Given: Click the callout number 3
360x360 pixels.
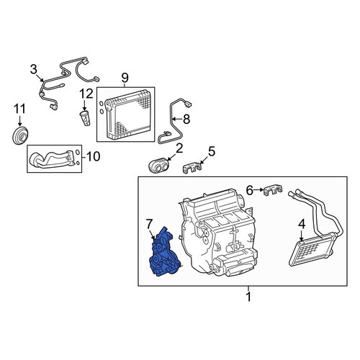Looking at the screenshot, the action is [34, 70].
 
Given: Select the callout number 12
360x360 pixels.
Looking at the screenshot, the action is [86, 94].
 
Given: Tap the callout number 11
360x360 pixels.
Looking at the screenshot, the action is [19, 109].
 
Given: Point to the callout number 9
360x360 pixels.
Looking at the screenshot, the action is [125, 78].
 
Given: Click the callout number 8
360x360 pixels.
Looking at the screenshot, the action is [186, 119].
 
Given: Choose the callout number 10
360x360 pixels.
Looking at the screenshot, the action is [93, 156].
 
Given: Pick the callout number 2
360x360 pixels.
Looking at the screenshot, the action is [179, 149].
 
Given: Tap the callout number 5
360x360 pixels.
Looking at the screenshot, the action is [212, 152].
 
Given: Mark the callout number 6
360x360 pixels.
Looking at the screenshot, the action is [250, 191].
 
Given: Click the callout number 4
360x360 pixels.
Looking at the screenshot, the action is [302, 224].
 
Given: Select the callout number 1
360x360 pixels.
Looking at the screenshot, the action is [248, 297].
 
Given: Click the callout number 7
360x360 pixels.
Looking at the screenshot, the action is [149, 225].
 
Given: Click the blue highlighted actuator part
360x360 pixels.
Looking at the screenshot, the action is [164, 253].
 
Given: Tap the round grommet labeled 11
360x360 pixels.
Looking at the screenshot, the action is [20, 135].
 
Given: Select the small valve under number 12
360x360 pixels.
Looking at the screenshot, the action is [85, 118].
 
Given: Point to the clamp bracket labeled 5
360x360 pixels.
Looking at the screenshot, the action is [192, 168].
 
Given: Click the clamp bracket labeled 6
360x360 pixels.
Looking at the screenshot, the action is [273, 190].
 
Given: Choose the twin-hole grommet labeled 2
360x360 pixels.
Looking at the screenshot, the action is [158, 166].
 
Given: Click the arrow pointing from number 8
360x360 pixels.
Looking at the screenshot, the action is [177, 119].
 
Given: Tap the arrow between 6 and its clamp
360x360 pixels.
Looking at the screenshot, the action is [258, 190].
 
